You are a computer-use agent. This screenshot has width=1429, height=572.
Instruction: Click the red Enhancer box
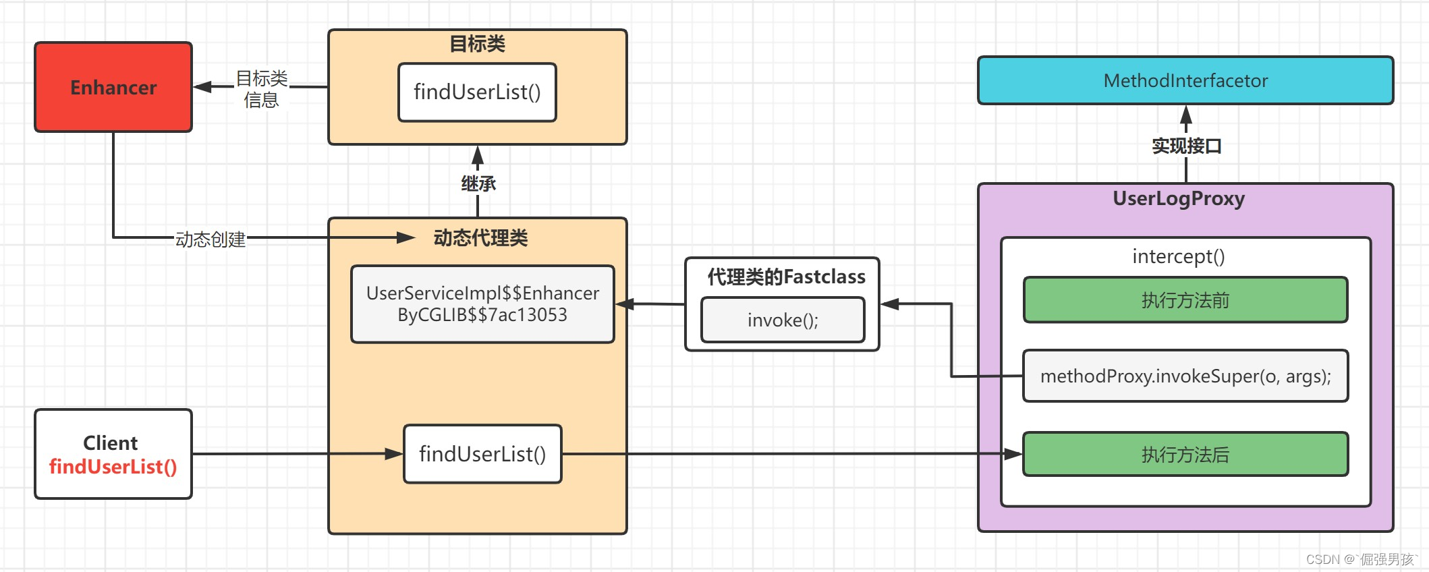point(113,87)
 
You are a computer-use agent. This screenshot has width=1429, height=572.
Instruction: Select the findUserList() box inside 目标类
point(477,92)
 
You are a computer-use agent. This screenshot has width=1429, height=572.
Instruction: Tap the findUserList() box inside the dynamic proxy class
point(482,454)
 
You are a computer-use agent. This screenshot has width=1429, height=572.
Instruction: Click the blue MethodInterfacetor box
point(1185,80)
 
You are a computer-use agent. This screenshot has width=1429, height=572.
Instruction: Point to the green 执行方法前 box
point(1185,300)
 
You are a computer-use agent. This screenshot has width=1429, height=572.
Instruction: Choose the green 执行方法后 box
point(1185,455)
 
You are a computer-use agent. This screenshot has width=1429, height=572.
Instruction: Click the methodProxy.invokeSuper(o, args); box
point(1185,376)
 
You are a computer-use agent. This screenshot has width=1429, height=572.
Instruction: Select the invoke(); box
point(783,320)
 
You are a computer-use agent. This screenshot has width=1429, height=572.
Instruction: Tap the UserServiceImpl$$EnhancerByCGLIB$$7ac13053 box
point(482,304)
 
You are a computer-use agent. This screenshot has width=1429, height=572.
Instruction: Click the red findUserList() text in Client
point(113,467)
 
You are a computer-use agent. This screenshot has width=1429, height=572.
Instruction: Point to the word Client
point(111,443)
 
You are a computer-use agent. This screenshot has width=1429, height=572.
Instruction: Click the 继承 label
point(478,183)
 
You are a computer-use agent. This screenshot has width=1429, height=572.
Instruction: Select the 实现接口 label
point(1187,146)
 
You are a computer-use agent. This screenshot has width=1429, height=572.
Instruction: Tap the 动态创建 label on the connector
point(211,239)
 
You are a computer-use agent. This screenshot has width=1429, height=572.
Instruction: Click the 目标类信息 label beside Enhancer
point(262,89)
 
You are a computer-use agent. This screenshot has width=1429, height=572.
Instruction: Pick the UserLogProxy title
point(1179,198)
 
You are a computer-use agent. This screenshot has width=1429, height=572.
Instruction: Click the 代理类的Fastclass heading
point(786,277)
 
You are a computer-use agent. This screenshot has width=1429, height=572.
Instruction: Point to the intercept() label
point(1179,256)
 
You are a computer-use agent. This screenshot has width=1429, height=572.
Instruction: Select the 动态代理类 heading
point(480,237)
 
